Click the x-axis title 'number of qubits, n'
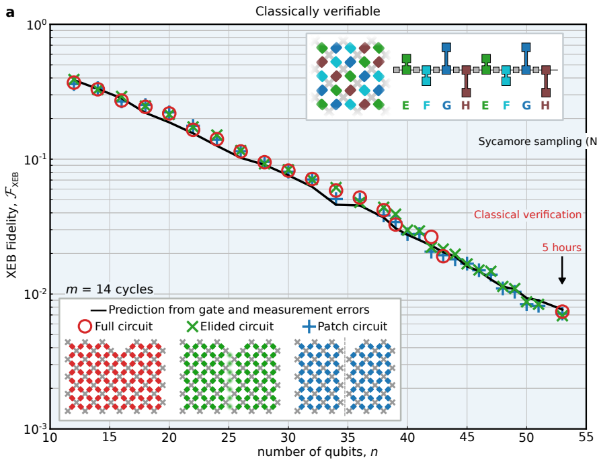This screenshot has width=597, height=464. [317, 452]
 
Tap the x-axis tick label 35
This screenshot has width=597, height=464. [348, 436]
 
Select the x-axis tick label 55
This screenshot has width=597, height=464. [586, 436]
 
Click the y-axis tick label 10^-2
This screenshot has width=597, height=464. [34, 294]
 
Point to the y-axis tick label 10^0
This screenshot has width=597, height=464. [35, 26]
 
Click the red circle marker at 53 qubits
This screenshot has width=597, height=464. [562, 312]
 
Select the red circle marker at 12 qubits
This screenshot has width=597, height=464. [74, 83]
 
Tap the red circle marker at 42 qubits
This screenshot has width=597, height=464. [432, 236]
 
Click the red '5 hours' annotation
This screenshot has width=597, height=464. [561, 248]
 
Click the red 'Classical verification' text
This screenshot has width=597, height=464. [527, 215]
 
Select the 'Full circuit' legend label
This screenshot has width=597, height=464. [124, 327]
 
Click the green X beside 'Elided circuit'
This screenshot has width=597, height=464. [193, 327]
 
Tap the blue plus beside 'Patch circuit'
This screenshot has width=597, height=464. [309, 327]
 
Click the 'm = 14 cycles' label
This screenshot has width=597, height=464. [109, 290]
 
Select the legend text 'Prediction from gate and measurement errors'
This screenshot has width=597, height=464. [239, 310]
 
